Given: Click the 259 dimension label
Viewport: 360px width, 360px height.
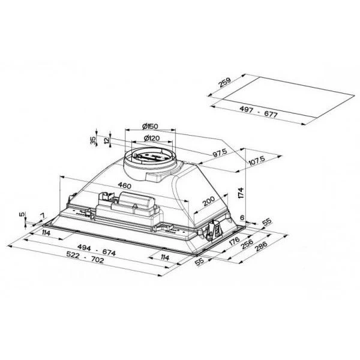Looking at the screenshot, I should click(x=225, y=83).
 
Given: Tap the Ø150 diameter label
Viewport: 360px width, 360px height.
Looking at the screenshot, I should click(x=150, y=125).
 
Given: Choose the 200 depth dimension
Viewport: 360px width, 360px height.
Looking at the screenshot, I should click(x=208, y=202).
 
